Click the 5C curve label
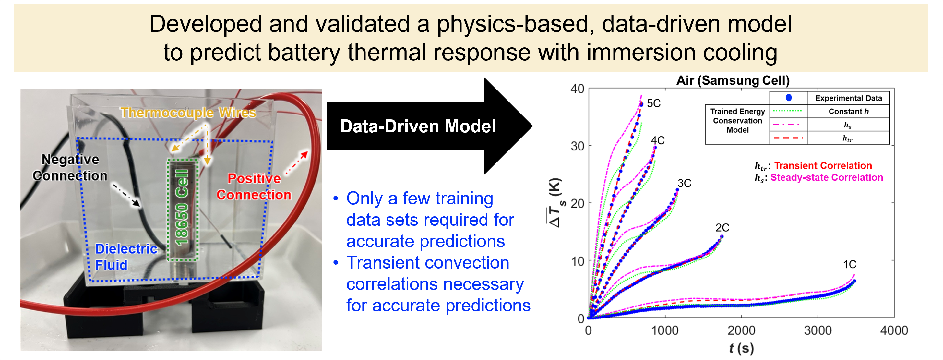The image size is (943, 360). pyautogui.click(x=653, y=103)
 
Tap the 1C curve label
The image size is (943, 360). pyautogui.click(x=849, y=264)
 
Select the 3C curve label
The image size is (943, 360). pyautogui.click(x=684, y=183)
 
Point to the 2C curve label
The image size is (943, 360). pyautogui.click(x=722, y=227)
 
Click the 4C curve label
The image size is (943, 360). pyautogui.click(x=657, y=140)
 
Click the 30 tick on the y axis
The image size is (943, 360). pyautogui.click(x=577, y=146)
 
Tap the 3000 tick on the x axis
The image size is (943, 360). pyautogui.click(x=818, y=330)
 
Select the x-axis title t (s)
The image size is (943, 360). pyautogui.click(x=741, y=348)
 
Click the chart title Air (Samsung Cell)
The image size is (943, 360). pyautogui.click(x=733, y=80)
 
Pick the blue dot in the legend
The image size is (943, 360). pyautogui.click(x=789, y=97)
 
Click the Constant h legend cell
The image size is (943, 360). pyautogui.click(x=848, y=111)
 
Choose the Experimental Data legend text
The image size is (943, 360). pyautogui.click(x=848, y=98)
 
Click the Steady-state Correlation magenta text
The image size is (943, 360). pyautogui.click(x=826, y=178)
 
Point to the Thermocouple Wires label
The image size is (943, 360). pyautogui.click(x=188, y=113)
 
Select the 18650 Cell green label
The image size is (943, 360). pyautogui.click(x=182, y=207)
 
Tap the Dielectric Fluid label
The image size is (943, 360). pyautogui.click(x=126, y=257)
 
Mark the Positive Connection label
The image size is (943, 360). pyautogui.click(x=254, y=186)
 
